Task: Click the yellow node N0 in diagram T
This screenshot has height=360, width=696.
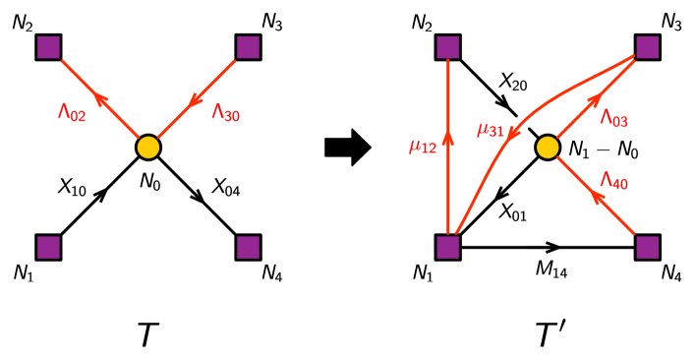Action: [147, 148]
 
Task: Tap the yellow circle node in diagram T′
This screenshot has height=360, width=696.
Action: [548, 148]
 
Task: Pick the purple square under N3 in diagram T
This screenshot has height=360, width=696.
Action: [247, 47]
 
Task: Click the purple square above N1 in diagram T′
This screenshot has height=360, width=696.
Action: [449, 247]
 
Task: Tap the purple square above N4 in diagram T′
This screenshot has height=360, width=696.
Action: [648, 247]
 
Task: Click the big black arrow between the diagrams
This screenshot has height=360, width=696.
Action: [347, 149]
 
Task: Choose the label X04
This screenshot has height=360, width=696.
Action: [227, 186]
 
